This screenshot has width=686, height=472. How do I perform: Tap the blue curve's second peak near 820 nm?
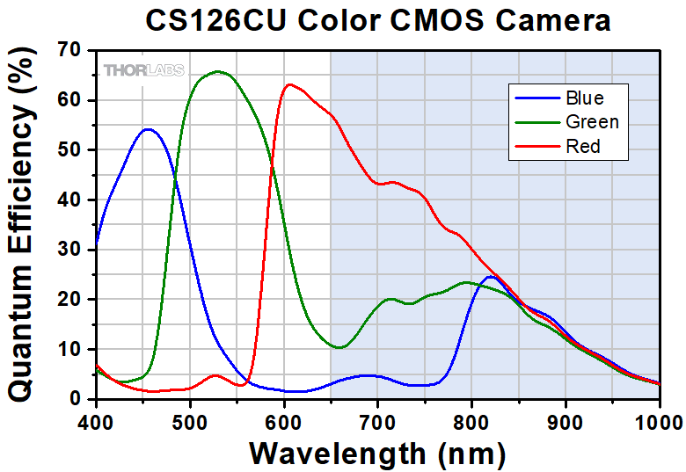coord(491,277)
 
